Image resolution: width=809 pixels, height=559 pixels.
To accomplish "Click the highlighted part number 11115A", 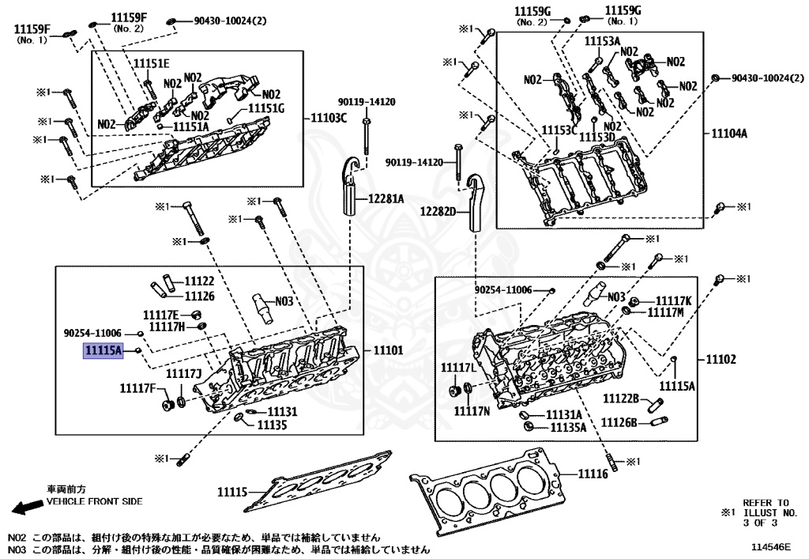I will pos(104,351).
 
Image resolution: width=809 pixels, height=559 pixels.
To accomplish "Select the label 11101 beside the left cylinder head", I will pos(388,350).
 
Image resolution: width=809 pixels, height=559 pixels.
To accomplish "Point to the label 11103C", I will pos(328,117).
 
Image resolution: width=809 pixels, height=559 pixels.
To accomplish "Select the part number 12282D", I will pos(438,211).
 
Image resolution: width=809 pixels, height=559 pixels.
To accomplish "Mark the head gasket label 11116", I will pos(593,474).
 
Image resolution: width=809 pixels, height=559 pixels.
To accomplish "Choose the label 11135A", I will pos(567,427).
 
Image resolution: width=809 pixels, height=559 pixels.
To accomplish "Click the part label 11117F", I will pos(137,388).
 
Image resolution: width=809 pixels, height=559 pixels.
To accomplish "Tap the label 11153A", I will pos(602,40).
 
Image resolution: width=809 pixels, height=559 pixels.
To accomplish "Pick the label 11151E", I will pos(151,63).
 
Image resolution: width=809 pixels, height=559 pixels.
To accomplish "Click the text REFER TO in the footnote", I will pos(766,502).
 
